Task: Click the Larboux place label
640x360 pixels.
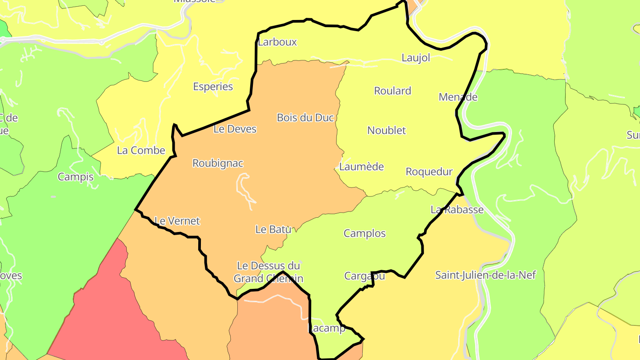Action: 277,42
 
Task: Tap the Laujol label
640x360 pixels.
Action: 416,58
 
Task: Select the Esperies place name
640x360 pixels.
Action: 213,87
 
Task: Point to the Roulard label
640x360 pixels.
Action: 392,91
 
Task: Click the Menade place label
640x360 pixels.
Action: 458,97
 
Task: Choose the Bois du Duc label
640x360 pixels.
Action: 305,118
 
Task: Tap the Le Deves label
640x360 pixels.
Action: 235,129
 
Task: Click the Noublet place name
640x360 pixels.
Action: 386,131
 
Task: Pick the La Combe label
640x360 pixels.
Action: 141,151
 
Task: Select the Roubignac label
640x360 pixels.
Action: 218,164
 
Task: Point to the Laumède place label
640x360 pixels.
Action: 361,167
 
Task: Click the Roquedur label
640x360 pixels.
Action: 429,172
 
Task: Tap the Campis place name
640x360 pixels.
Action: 76,177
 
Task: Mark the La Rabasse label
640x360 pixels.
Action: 457,210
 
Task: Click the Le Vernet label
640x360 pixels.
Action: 177,221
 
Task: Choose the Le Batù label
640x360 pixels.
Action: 273,230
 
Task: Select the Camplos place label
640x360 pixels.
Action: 364,234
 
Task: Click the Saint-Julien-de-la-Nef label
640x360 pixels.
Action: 485,276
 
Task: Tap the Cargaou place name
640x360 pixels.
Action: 364,276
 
